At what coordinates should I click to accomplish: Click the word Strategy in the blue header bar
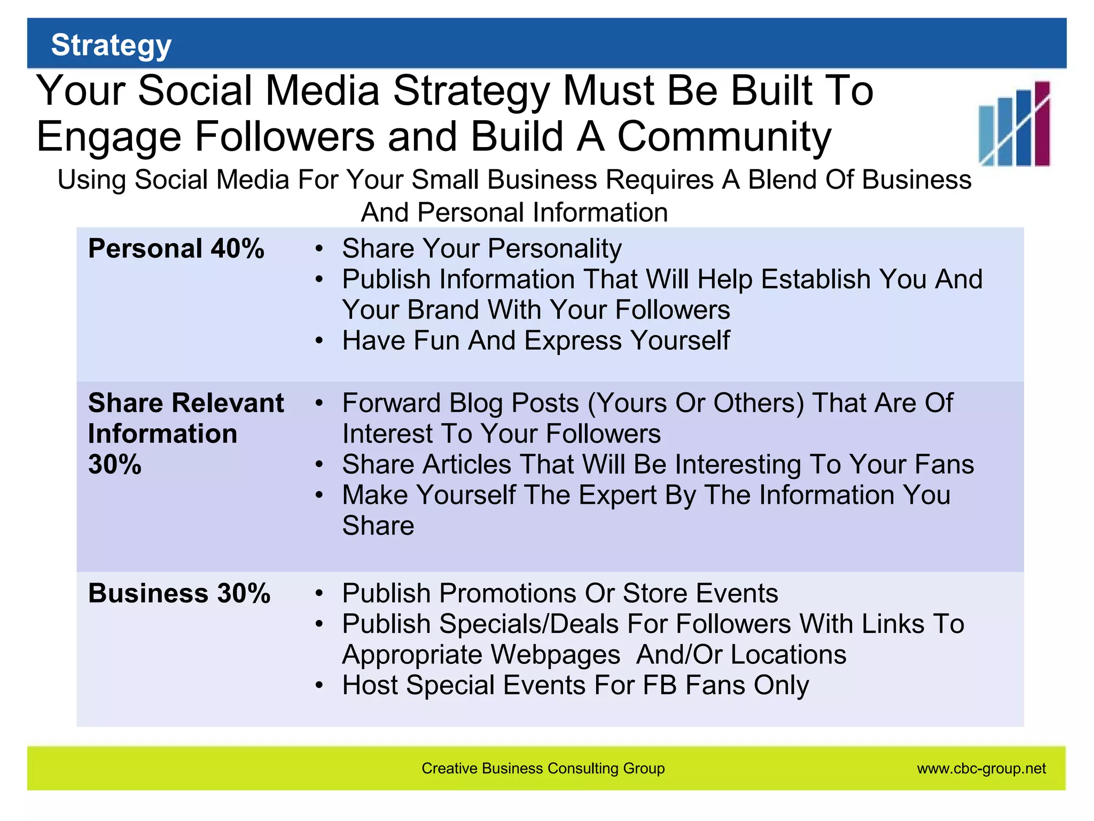[x=111, y=45]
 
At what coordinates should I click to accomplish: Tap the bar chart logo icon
[x=1014, y=123]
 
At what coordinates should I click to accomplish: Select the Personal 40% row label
[x=176, y=249]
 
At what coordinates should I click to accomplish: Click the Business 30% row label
[x=179, y=593]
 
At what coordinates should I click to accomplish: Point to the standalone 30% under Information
[x=115, y=464]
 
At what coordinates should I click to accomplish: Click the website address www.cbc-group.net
[x=981, y=769]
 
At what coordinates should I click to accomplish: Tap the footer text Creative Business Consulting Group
[x=543, y=769]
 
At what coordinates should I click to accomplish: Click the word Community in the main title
[x=724, y=137]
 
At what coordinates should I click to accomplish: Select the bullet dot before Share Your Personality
[x=319, y=249]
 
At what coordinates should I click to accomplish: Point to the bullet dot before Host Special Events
[x=319, y=685]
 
